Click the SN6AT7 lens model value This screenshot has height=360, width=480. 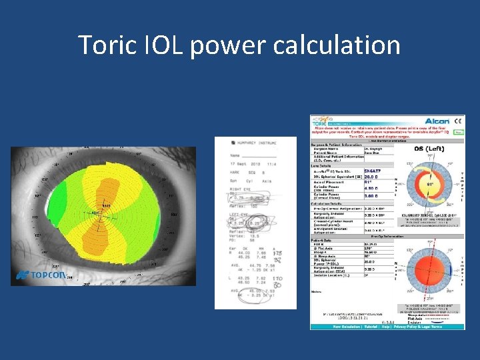(x=373, y=171)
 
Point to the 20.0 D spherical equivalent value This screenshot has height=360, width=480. (x=372, y=177)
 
